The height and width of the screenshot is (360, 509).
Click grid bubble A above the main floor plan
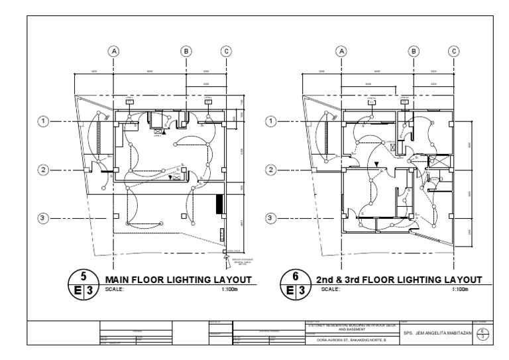(115, 50)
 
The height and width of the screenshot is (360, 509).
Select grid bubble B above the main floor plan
(186, 50)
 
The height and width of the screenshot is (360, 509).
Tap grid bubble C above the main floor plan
(226, 50)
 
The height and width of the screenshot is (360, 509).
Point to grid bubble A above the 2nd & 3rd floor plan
(342, 50)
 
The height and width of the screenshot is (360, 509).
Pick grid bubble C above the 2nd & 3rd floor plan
(454, 50)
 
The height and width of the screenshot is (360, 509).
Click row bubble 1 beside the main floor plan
(44, 121)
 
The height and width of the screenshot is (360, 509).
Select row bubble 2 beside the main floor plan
(44, 170)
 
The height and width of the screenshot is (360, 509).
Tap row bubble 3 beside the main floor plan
(44, 218)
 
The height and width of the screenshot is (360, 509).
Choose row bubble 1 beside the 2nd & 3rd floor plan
(271, 121)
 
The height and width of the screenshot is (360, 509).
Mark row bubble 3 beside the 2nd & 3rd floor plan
(271, 218)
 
